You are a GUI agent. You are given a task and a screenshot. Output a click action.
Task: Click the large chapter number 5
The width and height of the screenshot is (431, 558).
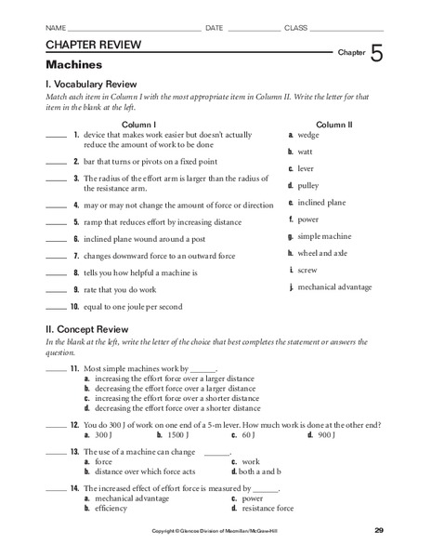click(x=375, y=53)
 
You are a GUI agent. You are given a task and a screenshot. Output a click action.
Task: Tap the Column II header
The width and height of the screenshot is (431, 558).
click(x=334, y=124)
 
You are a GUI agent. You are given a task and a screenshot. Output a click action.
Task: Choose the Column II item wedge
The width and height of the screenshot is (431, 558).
click(x=310, y=135)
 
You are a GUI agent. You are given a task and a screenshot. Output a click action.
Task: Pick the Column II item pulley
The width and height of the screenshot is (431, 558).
click(x=310, y=185)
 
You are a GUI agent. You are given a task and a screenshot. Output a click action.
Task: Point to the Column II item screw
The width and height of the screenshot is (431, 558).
click(x=309, y=270)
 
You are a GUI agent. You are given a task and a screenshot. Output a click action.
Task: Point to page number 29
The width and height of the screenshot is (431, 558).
click(x=378, y=530)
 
